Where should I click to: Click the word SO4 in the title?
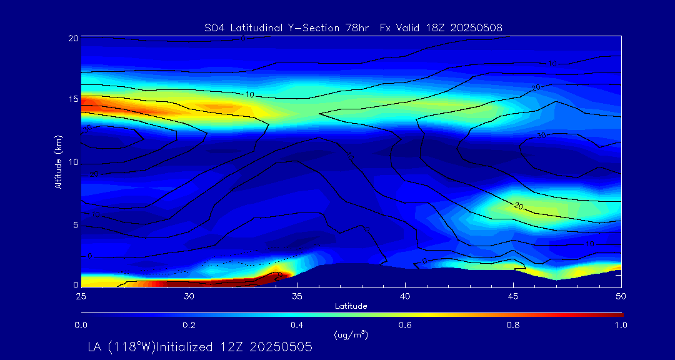click(214, 27)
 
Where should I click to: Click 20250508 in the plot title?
click(476, 27)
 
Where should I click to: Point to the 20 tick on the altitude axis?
click(72, 38)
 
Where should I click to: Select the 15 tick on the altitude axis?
click(72, 100)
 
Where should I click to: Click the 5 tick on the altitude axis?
click(75, 225)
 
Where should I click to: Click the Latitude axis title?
click(351, 306)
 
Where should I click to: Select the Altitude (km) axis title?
click(58, 162)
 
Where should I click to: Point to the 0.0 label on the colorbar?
click(81, 325)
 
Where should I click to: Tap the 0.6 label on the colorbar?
click(406, 325)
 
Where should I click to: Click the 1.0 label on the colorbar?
click(622, 325)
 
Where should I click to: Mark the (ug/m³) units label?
click(351, 335)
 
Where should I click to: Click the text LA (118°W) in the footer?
click(126, 347)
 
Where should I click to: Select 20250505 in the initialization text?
click(281, 347)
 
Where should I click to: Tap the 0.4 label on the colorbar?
click(297, 325)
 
